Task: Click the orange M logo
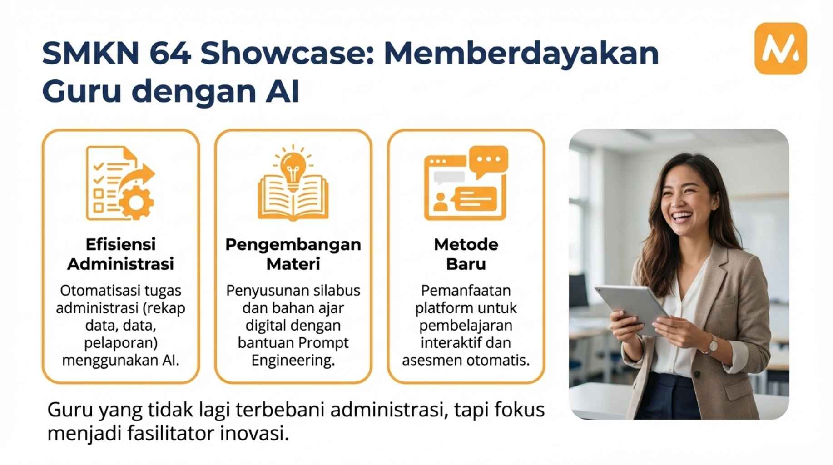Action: tap(780, 49)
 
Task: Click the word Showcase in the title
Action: tap(287, 53)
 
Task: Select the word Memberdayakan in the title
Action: tap(521, 53)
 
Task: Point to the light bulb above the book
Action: tap(293, 167)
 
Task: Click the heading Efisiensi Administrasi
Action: tap(121, 254)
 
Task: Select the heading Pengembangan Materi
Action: tap(293, 254)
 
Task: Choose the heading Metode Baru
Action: tap(466, 254)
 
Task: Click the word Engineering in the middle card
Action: tap(293, 361)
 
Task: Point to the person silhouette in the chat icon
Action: tap(440, 202)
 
